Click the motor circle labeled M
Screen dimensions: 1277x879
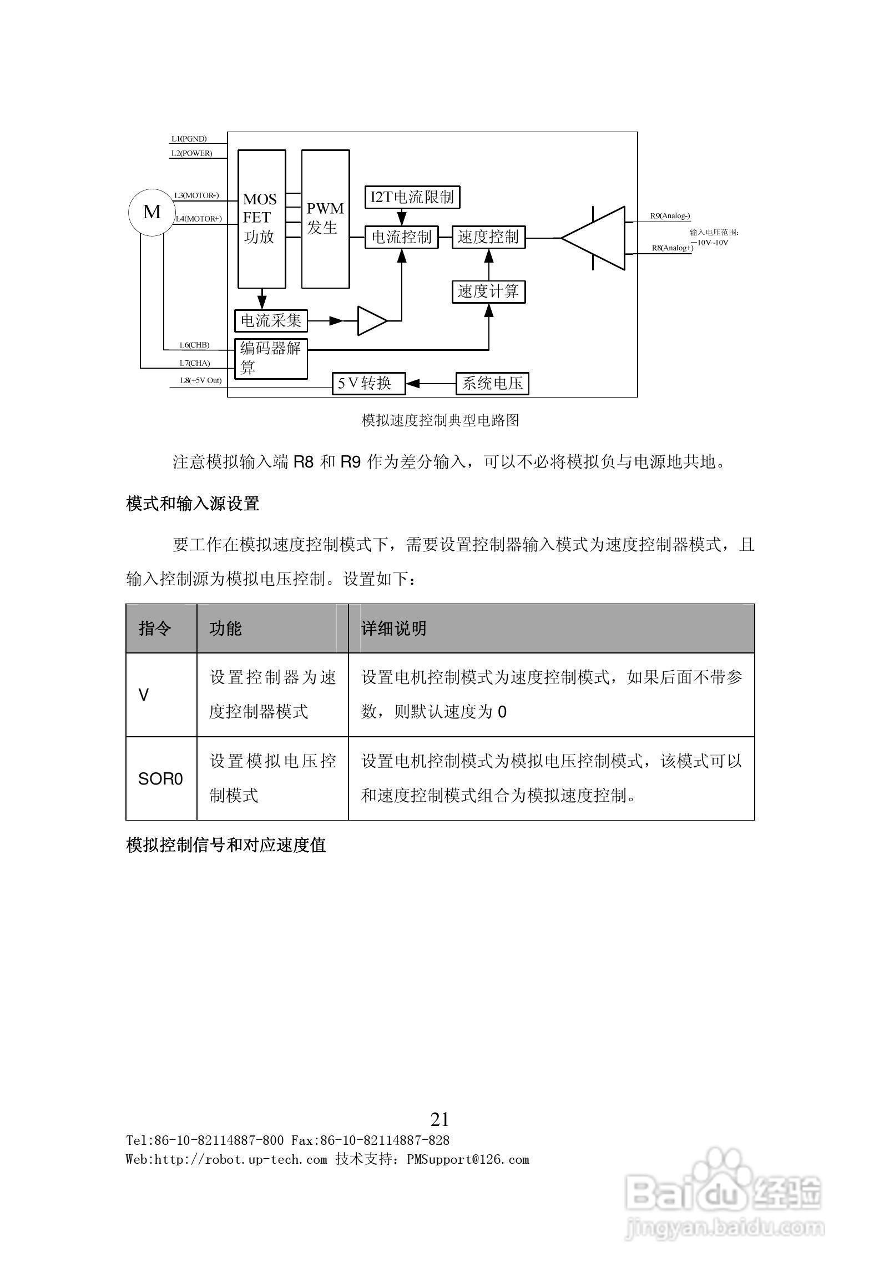click(152, 212)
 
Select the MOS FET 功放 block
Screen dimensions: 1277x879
click(261, 219)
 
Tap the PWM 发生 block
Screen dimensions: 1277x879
click(325, 219)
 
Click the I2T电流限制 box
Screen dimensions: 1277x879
click(412, 197)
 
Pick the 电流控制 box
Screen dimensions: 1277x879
click(401, 237)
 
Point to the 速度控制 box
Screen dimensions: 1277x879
click(488, 237)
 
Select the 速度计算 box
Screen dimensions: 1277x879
click(488, 291)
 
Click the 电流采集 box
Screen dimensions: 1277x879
click(271, 321)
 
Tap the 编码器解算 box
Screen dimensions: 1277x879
click(271, 358)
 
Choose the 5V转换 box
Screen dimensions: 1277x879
click(368, 383)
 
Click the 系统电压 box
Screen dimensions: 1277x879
click(492, 383)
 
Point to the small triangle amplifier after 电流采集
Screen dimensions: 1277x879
click(370, 321)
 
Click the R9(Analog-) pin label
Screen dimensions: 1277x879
click(670, 216)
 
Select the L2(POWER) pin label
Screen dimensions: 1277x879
click(191, 153)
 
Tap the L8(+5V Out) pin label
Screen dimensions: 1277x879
click(200, 381)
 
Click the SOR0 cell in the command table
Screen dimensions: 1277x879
click(160, 779)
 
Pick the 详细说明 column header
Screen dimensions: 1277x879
click(393, 629)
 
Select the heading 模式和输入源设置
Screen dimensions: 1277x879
click(193, 504)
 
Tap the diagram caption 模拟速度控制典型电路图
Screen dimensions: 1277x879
click(440, 420)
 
